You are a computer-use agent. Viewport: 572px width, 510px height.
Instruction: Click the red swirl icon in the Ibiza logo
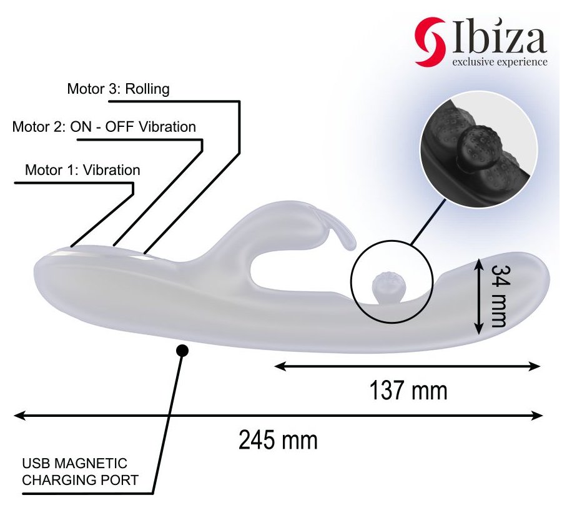pyautogui.click(x=430, y=42)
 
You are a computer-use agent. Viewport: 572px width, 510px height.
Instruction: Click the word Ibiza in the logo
pyautogui.click(x=499, y=36)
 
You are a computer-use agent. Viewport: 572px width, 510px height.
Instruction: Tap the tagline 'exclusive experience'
pyautogui.click(x=500, y=62)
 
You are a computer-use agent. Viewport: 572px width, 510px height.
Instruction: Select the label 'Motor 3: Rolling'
pyautogui.click(x=119, y=89)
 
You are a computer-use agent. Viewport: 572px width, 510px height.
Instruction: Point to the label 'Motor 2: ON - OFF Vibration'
pyautogui.click(x=104, y=127)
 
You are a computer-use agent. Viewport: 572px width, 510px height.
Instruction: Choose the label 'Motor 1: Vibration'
pyautogui.click(x=82, y=170)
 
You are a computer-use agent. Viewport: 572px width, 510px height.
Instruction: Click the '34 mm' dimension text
pyautogui.click(x=500, y=296)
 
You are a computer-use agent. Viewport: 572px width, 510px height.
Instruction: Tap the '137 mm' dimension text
pyautogui.click(x=408, y=390)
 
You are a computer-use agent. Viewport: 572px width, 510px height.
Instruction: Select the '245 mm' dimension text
pyautogui.click(x=278, y=440)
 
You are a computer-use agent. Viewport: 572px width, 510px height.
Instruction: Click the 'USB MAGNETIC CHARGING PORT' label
pyautogui.click(x=81, y=472)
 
